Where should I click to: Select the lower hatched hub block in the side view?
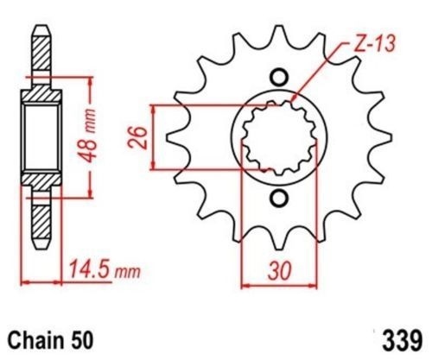coord(41,184)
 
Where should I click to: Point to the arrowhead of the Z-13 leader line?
coord(294,103)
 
